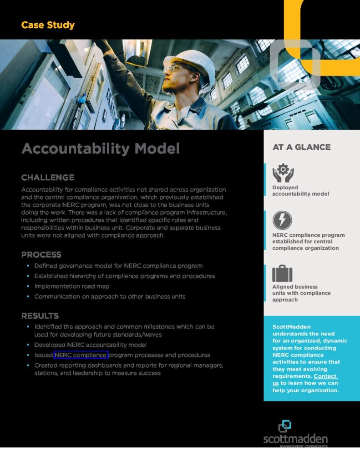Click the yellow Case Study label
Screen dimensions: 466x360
(x=48, y=25)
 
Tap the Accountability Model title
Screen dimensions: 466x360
(x=100, y=148)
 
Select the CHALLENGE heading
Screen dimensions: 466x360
(x=48, y=177)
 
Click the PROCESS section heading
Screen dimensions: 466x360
(x=41, y=254)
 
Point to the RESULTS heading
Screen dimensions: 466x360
(x=40, y=316)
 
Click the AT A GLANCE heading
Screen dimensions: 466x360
(x=301, y=147)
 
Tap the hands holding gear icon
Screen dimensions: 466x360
(x=283, y=173)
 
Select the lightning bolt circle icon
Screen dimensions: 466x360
(x=282, y=220)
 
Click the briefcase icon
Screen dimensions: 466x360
(x=282, y=274)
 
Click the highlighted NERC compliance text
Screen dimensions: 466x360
(x=81, y=355)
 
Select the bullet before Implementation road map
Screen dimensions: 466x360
(x=28, y=286)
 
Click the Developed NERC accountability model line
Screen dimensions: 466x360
(x=90, y=345)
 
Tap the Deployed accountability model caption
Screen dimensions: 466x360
(x=300, y=191)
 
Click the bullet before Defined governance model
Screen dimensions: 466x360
(x=28, y=266)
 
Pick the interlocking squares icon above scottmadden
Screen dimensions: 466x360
(x=284, y=426)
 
